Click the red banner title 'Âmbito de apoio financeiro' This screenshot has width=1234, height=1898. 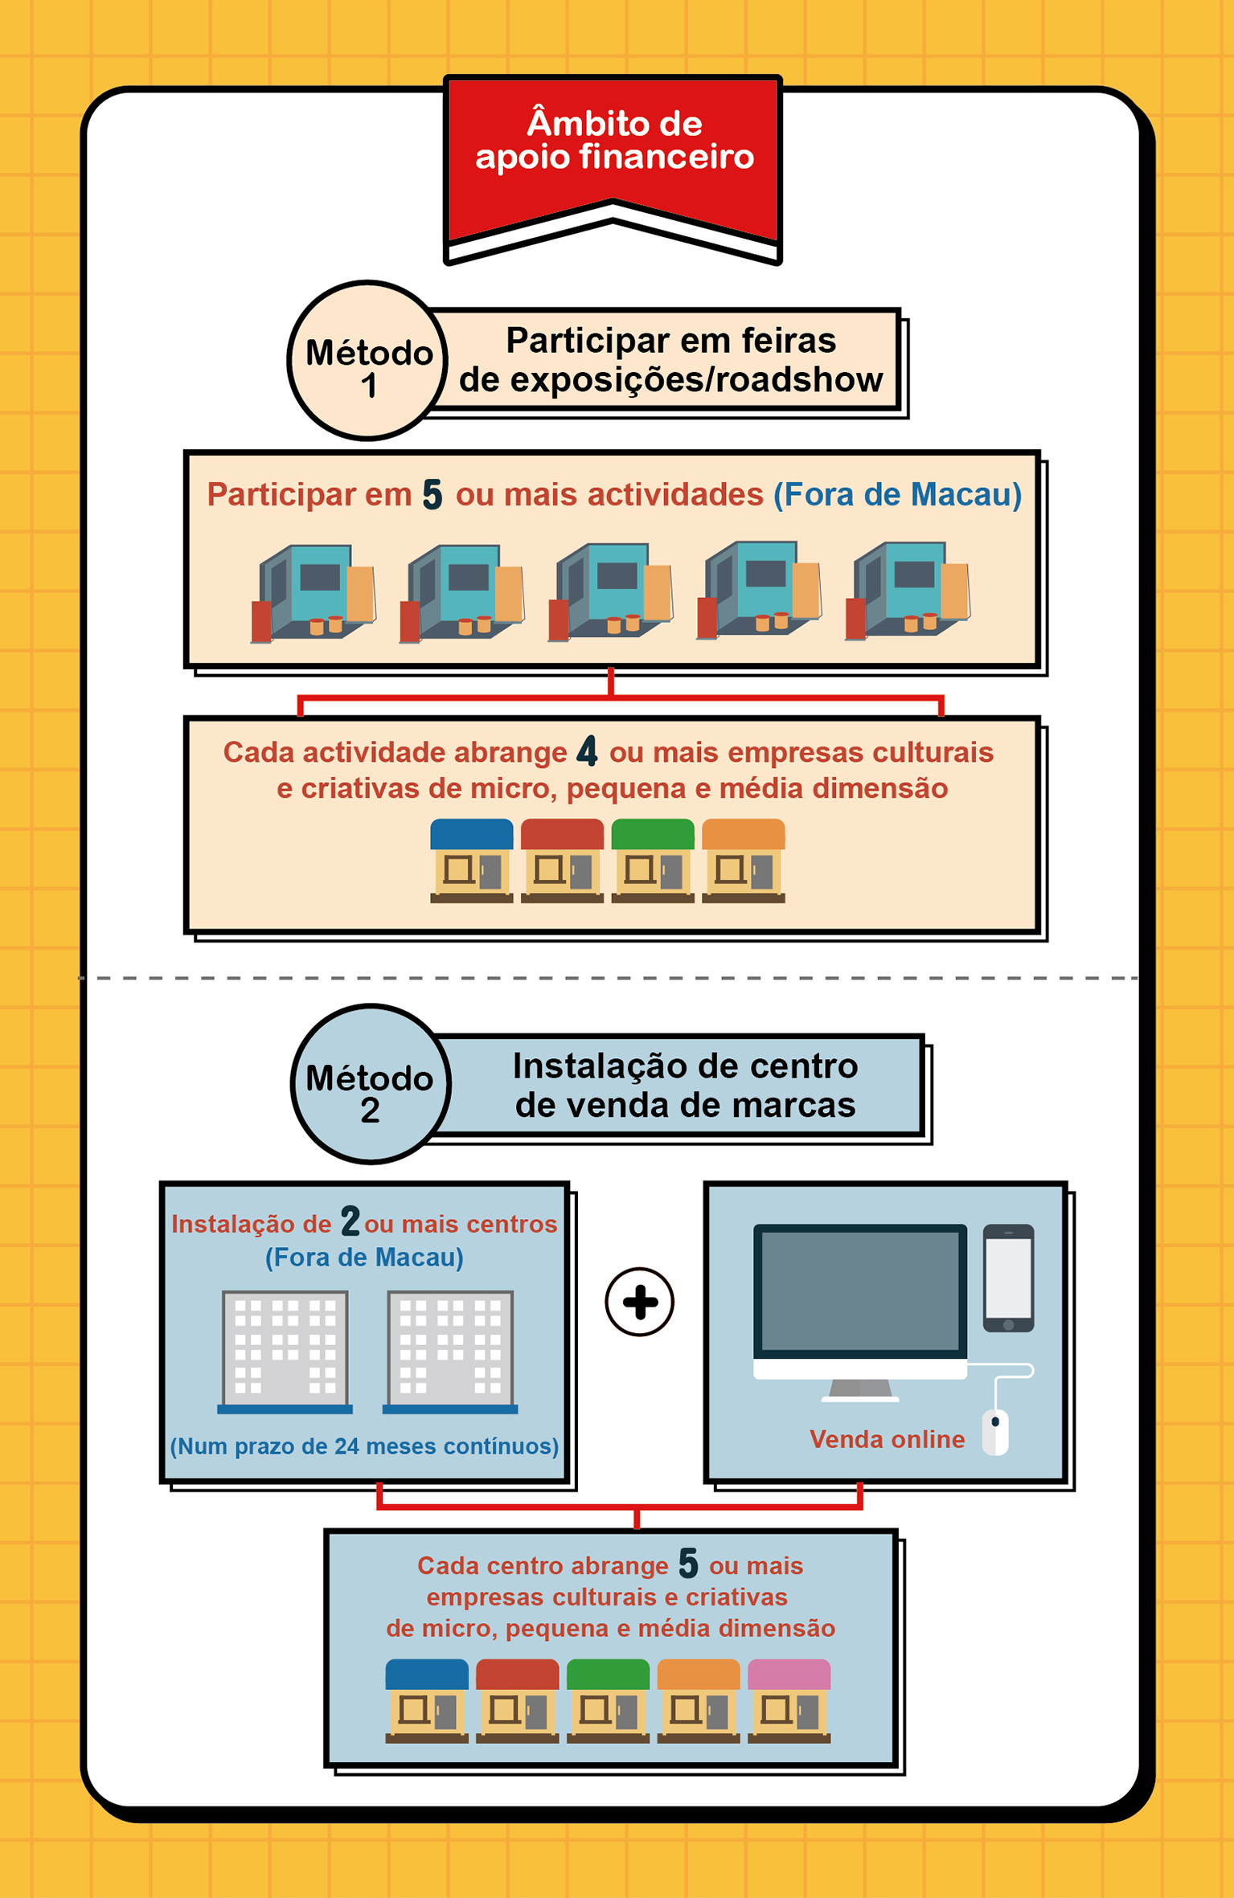613,141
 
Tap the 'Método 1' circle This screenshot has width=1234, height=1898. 368,362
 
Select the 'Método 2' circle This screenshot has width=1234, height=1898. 371,1085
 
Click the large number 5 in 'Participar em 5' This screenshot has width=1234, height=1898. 433,495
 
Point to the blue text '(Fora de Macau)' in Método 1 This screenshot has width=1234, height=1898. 897,495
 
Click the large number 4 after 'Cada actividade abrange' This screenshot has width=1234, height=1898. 588,752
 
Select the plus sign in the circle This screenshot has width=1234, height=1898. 639,1302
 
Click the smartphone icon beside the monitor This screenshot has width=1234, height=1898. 1008,1278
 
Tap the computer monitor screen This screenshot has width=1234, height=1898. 860,1291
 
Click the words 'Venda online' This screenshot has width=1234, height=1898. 887,1439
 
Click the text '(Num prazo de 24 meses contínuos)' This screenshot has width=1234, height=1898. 364,1446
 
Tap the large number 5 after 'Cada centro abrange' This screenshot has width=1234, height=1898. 688,1564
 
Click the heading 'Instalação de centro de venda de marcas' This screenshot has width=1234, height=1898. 685,1085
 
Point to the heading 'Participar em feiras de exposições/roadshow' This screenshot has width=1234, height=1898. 670,360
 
